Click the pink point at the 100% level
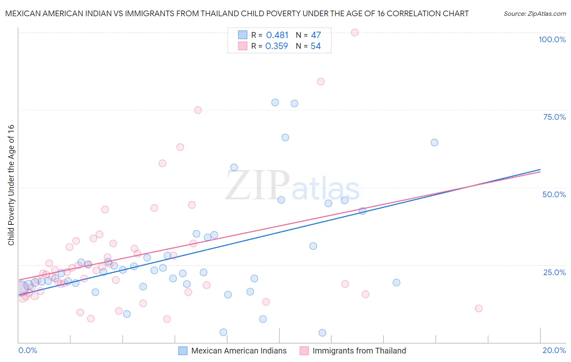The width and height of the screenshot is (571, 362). click(x=355, y=32)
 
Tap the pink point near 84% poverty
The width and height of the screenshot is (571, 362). click(x=321, y=82)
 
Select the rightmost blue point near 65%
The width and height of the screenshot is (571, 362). click(x=435, y=142)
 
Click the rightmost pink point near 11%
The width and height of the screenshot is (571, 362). click(x=479, y=308)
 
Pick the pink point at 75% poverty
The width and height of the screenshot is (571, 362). click(x=198, y=110)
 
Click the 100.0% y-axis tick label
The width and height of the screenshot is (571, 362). click(x=552, y=39)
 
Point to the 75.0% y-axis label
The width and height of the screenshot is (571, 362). click(x=554, y=117)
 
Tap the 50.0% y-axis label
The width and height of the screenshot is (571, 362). click(x=554, y=194)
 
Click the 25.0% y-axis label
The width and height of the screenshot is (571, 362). click(x=554, y=272)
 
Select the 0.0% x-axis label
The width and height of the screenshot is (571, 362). click(x=28, y=350)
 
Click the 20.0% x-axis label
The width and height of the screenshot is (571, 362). click(x=554, y=350)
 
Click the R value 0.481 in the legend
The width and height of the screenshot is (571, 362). click(x=277, y=35)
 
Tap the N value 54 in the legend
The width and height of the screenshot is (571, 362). click(x=316, y=46)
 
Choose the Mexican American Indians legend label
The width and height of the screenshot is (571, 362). click(x=239, y=351)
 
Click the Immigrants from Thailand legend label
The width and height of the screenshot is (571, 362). click(x=359, y=351)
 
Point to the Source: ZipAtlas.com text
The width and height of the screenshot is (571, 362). click(x=534, y=13)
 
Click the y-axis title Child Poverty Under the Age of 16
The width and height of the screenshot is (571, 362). click(x=11, y=185)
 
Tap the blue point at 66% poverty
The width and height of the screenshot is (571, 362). click(x=285, y=138)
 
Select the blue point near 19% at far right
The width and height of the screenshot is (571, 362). click(x=396, y=282)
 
